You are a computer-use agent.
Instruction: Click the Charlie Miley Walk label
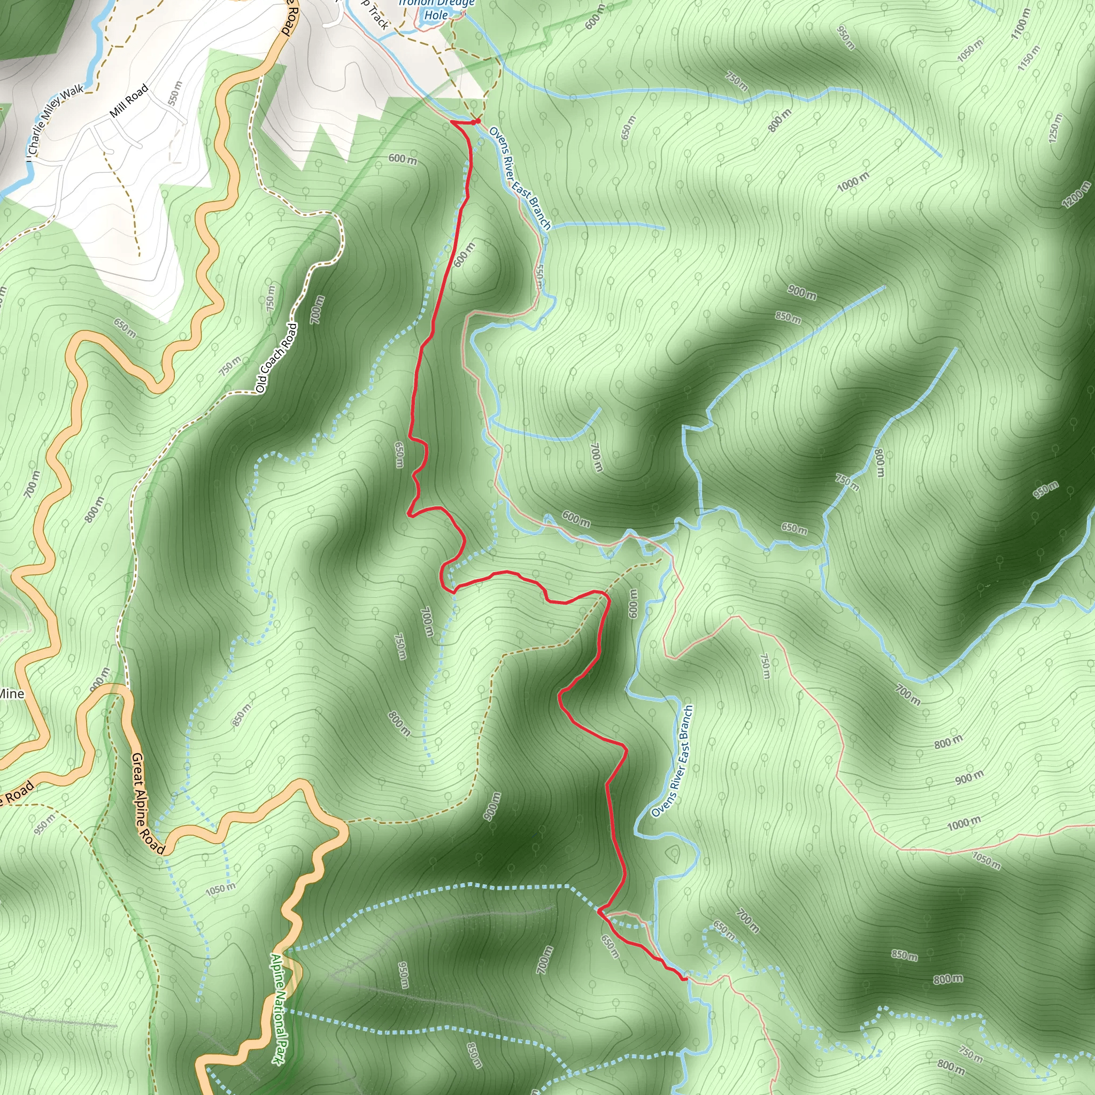[x=56, y=120]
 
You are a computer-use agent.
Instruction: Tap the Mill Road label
[x=129, y=101]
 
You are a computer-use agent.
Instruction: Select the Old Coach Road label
[x=276, y=358]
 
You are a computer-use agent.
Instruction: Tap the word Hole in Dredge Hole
[x=436, y=16]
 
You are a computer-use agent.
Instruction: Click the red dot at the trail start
[x=478, y=121]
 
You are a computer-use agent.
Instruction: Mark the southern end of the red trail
[x=685, y=978]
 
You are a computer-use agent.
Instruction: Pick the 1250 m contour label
[x=1055, y=128]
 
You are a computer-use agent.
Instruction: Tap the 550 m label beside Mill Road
[x=176, y=92]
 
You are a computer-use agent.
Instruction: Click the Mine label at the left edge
[x=11, y=693]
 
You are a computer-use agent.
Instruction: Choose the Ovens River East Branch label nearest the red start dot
[x=519, y=178]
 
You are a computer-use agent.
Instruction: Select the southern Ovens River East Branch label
[x=673, y=761]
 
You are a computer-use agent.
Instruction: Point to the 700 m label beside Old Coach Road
[x=318, y=310]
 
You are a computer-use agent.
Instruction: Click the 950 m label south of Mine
[x=45, y=824]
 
